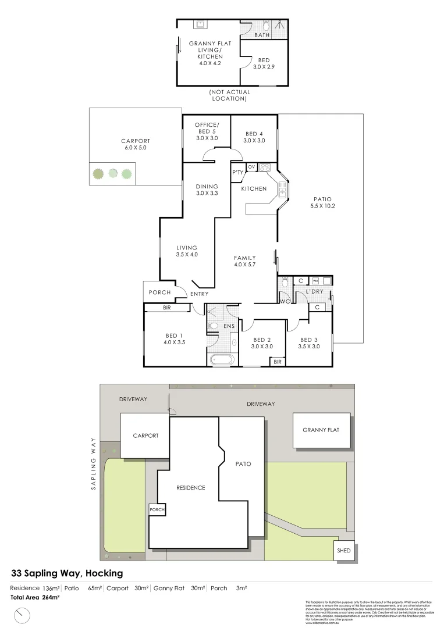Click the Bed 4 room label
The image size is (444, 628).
[x=254, y=137]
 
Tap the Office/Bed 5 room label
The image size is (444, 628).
[x=207, y=131]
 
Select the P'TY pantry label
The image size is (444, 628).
[x=237, y=173]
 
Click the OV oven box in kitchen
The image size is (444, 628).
[x=251, y=167]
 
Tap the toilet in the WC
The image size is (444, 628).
[x=284, y=283]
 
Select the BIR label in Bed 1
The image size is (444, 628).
[x=167, y=308]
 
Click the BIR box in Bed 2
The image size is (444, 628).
[x=277, y=362]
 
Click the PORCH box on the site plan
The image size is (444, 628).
[x=157, y=510]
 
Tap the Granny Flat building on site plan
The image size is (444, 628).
[x=321, y=430]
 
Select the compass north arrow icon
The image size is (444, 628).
[x=23, y=613]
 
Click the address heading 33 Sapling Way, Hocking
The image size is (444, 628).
[x=68, y=573]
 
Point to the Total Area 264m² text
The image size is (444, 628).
[x=35, y=597]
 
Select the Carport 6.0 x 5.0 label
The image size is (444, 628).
[x=136, y=144]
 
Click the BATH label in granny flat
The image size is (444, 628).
[x=261, y=35]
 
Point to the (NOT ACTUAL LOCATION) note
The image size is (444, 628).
[x=229, y=95]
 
